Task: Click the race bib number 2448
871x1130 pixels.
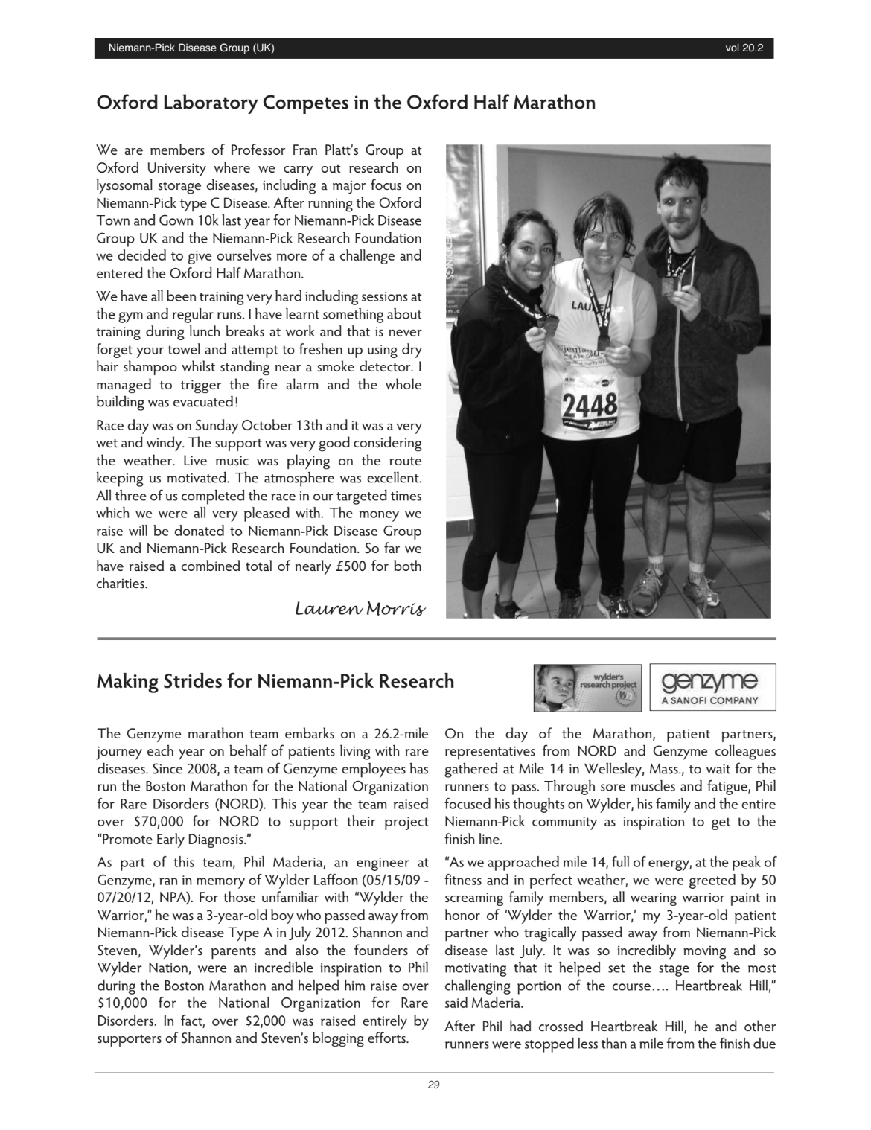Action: (x=590, y=405)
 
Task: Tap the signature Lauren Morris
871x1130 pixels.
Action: (x=360, y=609)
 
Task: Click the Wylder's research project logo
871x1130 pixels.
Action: (x=587, y=687)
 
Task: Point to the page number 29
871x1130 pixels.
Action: (x=434, y=1085)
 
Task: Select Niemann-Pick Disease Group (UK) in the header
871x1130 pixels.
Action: (x=191, y=48)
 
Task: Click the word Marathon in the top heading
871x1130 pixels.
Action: (x=552, y=102)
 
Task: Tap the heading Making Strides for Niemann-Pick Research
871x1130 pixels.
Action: (x=275, y=681)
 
